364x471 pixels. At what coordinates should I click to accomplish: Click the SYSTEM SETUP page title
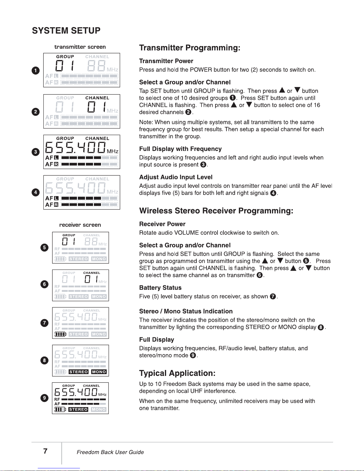66,31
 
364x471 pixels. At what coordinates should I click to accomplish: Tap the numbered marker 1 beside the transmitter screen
36,70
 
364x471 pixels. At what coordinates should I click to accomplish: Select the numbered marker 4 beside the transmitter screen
36,192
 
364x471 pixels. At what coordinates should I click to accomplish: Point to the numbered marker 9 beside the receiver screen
44,398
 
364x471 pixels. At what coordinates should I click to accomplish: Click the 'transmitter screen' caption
80,47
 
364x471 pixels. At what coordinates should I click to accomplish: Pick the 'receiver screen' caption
80,225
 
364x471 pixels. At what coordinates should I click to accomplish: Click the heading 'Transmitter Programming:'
190,48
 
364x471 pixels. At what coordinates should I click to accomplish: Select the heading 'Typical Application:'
177,373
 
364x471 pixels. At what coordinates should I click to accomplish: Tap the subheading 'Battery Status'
160,288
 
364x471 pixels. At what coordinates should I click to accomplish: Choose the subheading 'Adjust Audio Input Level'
176,177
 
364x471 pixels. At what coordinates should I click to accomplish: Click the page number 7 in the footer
45,451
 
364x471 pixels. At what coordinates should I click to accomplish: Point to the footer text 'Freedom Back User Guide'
110,452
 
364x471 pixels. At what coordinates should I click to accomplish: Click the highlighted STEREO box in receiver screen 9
78,409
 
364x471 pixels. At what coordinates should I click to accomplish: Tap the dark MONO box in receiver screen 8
99,372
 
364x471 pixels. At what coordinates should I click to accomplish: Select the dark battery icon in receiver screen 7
60,334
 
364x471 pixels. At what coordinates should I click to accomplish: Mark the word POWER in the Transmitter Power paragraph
201,70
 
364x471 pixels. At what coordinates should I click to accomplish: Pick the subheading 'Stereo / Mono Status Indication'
186,311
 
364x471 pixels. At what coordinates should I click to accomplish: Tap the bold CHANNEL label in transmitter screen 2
97,98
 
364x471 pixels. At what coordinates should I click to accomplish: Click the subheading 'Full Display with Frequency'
180,149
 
